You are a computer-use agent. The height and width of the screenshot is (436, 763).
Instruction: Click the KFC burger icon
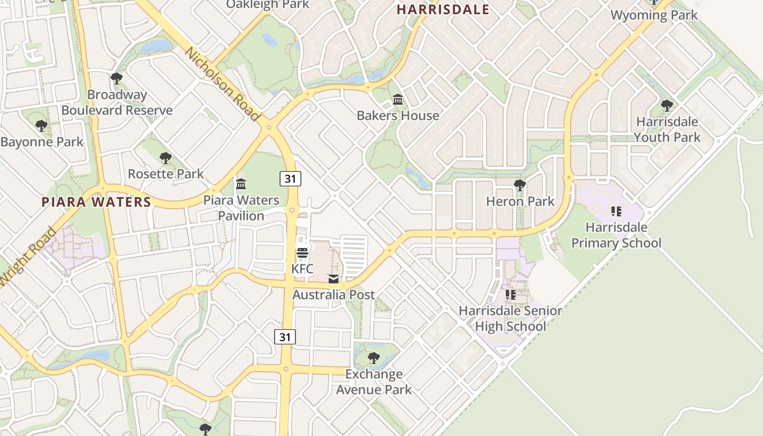pyautogui.click(x=302, y=253)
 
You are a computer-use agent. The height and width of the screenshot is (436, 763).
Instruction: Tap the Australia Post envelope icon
pyautogui.click(x=334, y=279)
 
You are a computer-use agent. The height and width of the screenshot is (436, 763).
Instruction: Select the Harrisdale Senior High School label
pyautogui.click(x=510, y=318)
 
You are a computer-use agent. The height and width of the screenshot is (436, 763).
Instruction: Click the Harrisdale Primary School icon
pyautogui.click(x=616, y=211)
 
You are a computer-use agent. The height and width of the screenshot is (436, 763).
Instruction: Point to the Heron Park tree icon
pyautogui.click(x=520, y=185)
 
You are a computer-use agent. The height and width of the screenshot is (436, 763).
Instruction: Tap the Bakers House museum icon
pyautogui.click(x=398, y=100)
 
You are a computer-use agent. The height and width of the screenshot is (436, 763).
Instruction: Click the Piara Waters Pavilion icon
pyautogui.click(x=241, y=184)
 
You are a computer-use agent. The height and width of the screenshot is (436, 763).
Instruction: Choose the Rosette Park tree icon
pyautogui.click(x=166, y=158)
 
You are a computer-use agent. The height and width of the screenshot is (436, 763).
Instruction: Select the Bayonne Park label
pyautogui.click(x=42, y=142)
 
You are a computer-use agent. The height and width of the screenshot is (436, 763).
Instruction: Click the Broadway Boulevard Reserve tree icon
pyautogui.click(x=117, y=78)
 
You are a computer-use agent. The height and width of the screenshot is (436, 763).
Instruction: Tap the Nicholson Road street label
pyautogui.click(x=222, y=84)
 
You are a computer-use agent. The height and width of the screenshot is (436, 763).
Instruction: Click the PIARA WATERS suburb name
pyautogui.click(x=96, y=202)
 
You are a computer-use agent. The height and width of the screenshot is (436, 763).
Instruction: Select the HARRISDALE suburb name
pyautogui.click(x=443, y=9)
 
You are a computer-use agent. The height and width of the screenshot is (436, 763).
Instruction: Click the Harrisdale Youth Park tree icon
pyautogui.click(x=667, y=105)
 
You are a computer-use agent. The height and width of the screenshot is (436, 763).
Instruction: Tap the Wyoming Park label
pyautogui.click(x=654, y=15)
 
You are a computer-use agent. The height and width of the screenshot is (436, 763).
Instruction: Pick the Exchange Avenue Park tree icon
pyautogui.click(x=374, y=358)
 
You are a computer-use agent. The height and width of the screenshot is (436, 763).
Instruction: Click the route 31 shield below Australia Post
pyautogui.click(x=285, y=337)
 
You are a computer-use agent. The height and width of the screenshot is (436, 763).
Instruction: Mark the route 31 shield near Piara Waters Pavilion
pyautogui.click(x=291, y=178)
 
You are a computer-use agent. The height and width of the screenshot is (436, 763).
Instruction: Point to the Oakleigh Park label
pyautogui.click(x=268, y=4)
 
